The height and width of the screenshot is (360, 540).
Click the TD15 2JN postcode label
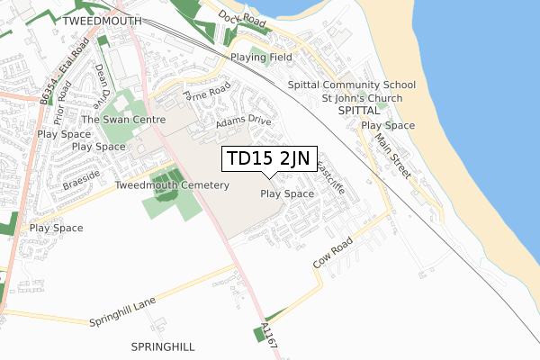pos(268,159)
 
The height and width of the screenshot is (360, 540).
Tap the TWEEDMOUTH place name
pos(102,19)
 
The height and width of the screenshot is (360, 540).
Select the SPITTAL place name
pos(360,110)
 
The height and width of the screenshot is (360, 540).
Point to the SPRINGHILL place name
pos(162,346)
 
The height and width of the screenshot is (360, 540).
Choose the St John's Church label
pos(361,97)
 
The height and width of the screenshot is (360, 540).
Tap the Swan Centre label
pos(123,119)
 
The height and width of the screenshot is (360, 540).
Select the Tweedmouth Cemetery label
pos(172,185)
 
